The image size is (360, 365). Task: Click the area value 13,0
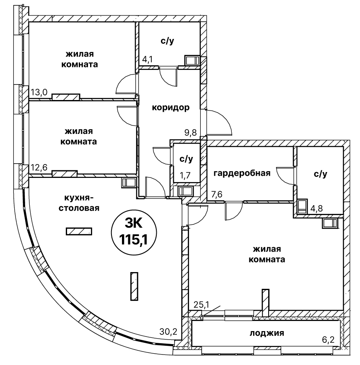pos(39,92)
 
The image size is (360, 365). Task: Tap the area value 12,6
pos(39,168)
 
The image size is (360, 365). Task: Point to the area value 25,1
pos(201,304)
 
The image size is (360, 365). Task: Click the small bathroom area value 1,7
pos(184,175)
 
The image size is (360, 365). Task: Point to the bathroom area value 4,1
pos(147,59)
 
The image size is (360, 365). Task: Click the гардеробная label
pos(241,173)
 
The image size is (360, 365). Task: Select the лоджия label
pos(267,333)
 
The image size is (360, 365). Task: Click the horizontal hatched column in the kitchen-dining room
pos(79,231)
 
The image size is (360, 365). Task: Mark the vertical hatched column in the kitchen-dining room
pos(134,286)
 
